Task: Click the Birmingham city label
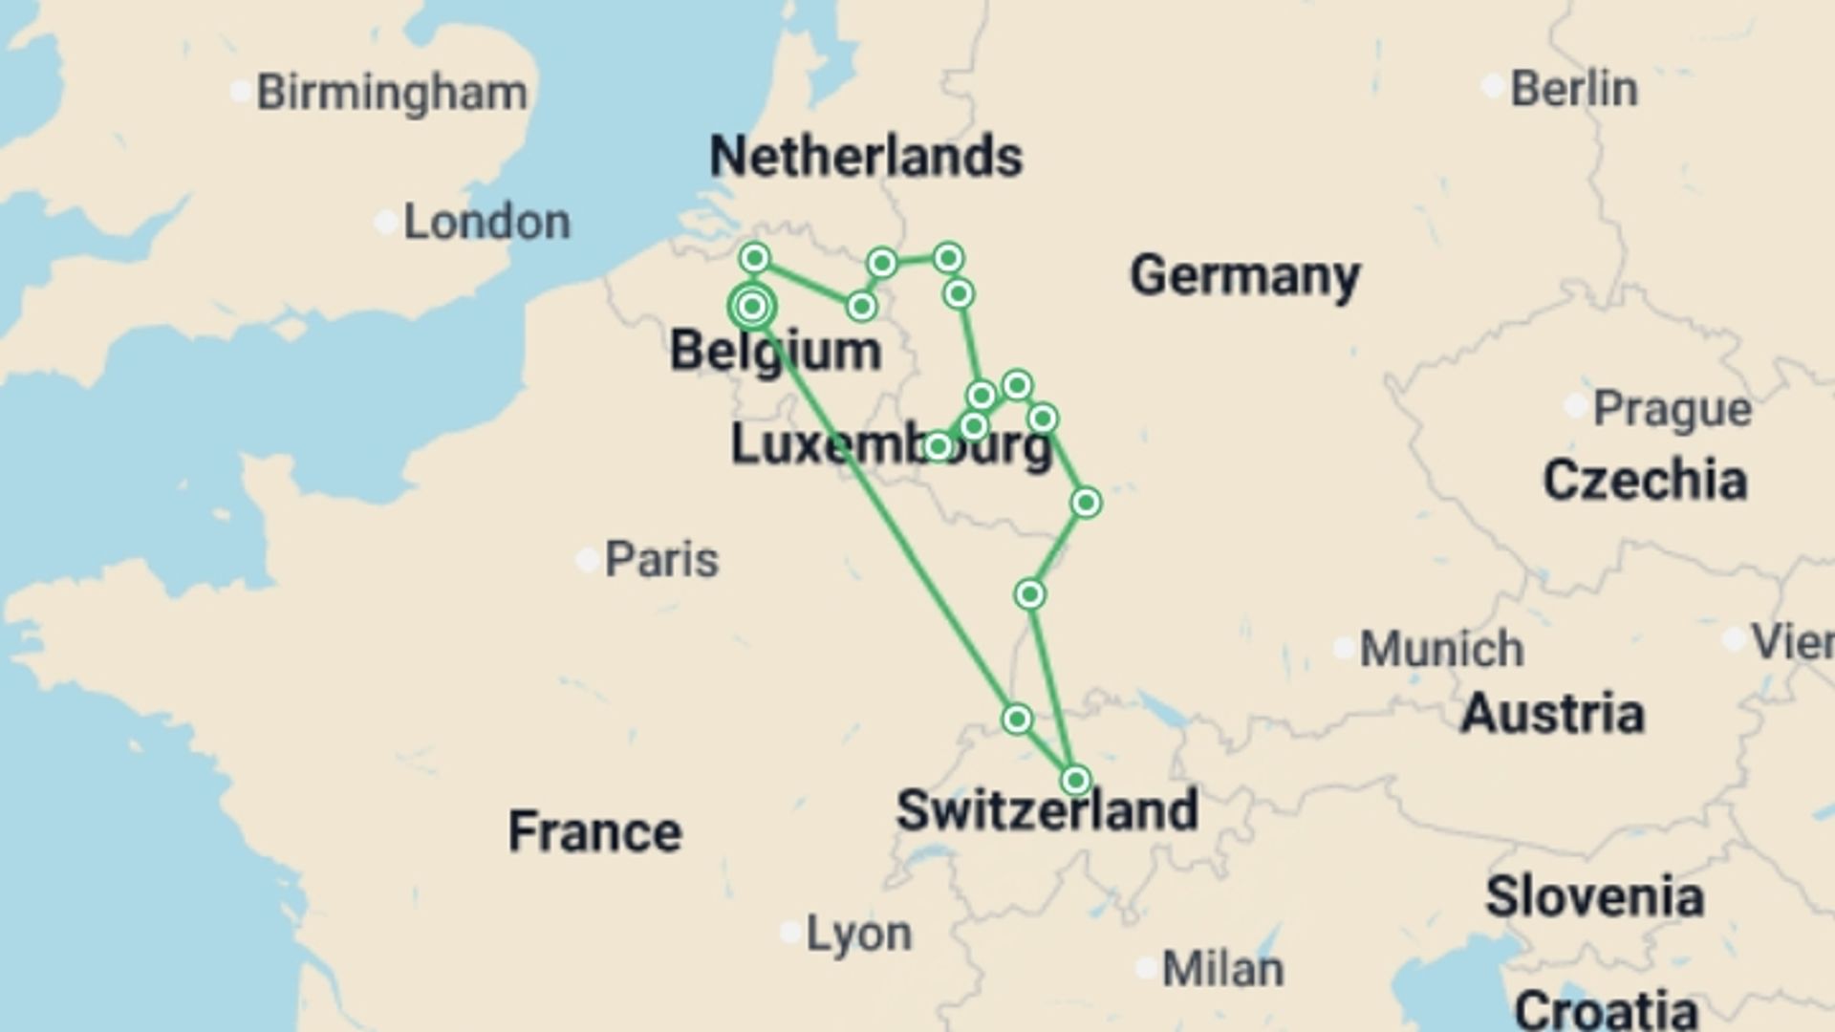pos(392,93)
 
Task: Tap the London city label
pos(486,223)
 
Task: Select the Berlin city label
pos(1574,89)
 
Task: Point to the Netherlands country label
pos(866,157)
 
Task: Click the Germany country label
pos(1244,276)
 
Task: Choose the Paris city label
pos(661,560)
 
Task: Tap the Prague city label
pos(1673,409)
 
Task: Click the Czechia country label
pos(1645,480)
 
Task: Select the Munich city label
pos(1441,650)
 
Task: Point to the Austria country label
pos(1552,714)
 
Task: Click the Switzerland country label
pos(1047,810)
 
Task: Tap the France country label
pos(594,831)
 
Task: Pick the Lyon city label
pos(858,934)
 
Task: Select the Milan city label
pos(1222,970)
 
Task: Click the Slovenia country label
pos(1594,897)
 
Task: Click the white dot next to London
pos(385,224)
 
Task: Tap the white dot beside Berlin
pos(1492,87)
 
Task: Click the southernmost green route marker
pos(1075,781)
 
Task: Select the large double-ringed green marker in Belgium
pos(752,307)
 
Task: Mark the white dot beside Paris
pos(587,560)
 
